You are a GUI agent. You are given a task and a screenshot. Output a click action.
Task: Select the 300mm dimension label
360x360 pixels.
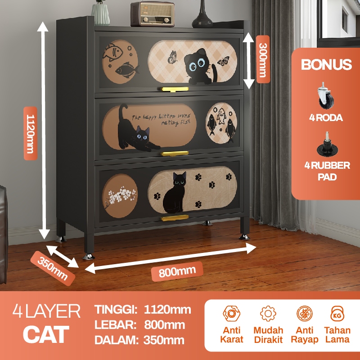click(x=263, y=60)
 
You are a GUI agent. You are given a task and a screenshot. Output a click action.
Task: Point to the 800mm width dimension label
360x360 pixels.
click(x=176, y=272)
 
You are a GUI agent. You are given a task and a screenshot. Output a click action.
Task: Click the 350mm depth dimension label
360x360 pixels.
click(x=52, y=269)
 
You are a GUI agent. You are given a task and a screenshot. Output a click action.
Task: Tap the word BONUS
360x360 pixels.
click(x=326, y=64)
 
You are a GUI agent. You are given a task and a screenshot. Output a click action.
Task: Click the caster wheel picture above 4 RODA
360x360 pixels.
click(x=327, y=96)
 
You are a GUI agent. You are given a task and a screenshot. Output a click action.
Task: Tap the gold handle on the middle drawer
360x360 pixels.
click(x=175, y=153)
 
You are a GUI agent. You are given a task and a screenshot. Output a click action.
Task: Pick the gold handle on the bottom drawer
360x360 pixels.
click(x=175, y=218)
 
